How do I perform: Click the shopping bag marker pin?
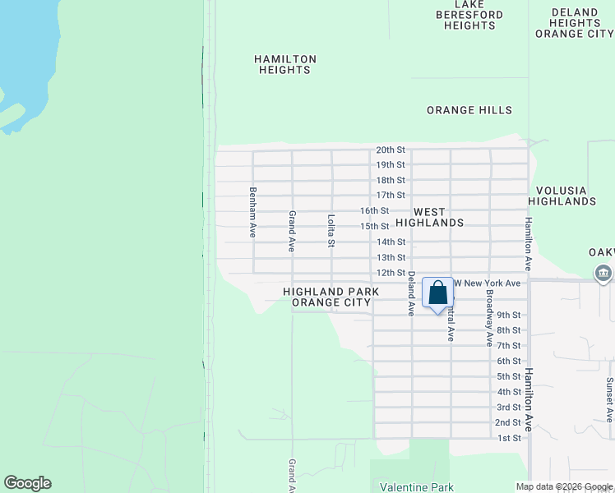click(437, 293)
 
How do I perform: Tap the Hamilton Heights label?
click(285, 64)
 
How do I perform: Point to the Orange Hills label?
click(469, 110)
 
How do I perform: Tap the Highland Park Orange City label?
click(331, 297)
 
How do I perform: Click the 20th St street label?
click(391, 150)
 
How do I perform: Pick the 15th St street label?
click(374, 226)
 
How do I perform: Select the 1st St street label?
click(509, 438)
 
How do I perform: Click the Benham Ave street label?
click(253, 213)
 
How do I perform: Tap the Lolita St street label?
click(331, 230)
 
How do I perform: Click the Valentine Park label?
click(420, 487)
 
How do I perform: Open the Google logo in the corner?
click(27, 483)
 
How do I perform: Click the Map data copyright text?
click(564, 486)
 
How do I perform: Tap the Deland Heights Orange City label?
click(574, 23)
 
